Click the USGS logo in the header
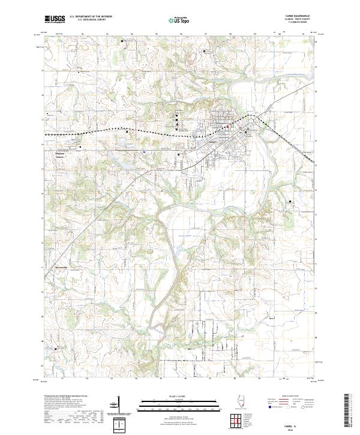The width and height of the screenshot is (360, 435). (x=55, y=19)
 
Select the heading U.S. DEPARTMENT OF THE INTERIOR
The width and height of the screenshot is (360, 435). (x=91, y=17)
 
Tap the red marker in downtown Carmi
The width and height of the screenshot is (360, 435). (x=227, y=127)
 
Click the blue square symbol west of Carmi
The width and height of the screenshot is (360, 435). (x=145, y=152)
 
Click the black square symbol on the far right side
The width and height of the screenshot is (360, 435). (x=290, y=203)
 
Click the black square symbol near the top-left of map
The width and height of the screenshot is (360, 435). (x=122, y=41)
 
